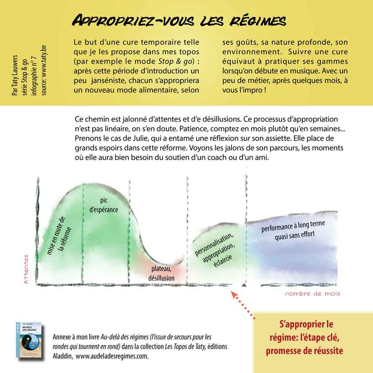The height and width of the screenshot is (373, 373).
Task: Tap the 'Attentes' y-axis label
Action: (27, 269)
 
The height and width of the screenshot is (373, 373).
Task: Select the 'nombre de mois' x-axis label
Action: (312, 293)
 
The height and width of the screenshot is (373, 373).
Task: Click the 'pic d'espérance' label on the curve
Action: (104, 205)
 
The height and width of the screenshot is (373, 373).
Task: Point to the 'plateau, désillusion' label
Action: (161, 274)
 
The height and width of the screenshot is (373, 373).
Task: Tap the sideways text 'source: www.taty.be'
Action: (43, 73)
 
